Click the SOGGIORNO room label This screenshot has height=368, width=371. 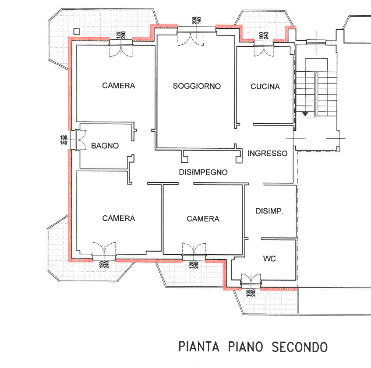[x=197, y=86]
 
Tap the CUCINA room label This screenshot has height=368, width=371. [x=265, y=87]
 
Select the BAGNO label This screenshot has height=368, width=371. [x=105, y=146]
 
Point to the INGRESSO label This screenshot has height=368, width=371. [x=267, y=154]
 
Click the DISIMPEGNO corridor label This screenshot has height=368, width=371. [x=203, y=172]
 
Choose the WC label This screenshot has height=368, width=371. [x=269, y=259]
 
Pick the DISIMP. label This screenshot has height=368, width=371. [x=269, y=211]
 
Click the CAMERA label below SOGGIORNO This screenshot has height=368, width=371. [x=203, y=219]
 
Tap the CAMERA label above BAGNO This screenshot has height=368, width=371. [x=119, y=86]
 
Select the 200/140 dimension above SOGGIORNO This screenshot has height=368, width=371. [x=197, y=20]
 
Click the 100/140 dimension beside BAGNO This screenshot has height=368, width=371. [x=64, y=140]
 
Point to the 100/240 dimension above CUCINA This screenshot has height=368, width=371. [x=264, y=35]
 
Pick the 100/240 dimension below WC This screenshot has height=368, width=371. [x=251, y=293]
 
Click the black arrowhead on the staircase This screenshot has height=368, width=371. [x=305, y=114]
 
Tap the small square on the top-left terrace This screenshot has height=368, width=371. [x=77, y=31]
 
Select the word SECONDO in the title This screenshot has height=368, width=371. [x=299, y=347]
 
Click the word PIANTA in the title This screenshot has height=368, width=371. [x=199, y=347]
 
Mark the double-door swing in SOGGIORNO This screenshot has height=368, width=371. [x=191, y=39]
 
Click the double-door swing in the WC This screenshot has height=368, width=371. [x=251, y=278]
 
